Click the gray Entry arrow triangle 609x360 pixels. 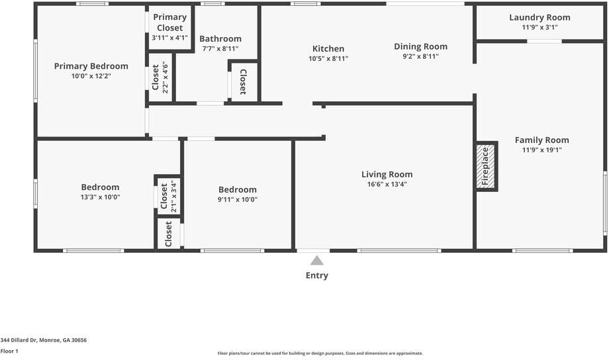pos(317,260)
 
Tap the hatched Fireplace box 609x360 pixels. pos(485,166)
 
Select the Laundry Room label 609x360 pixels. pos(539,17)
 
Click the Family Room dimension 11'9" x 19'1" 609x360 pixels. pos(541,150)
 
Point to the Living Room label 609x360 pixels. pos(387,174)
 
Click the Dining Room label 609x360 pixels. pos(420,46)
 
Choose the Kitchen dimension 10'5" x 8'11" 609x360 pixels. pos(328,59)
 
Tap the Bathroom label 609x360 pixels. pos(220,39)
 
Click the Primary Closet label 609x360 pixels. pos(169,22)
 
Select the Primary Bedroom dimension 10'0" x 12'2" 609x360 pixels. pos(91,76)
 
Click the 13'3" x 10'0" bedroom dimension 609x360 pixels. pos(100,197)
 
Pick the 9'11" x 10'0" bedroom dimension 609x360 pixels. pos(237,200)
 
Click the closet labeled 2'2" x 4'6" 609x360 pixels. pos(160,77)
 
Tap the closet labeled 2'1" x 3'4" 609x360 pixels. pos(168,196)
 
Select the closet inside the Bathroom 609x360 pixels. pos(244,81)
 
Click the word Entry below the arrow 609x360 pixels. pos(317,275)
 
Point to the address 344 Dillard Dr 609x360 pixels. pos(19,340)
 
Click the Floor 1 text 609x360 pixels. pos(9,351)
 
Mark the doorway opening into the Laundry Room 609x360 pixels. pos(544,41)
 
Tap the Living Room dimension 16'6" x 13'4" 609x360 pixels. pos(387,185)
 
